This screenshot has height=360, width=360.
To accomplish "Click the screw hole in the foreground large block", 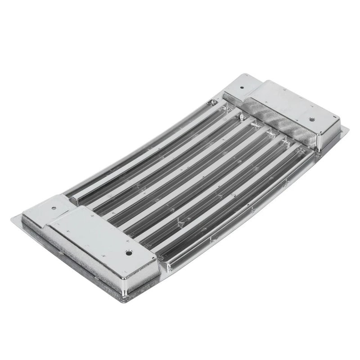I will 129,253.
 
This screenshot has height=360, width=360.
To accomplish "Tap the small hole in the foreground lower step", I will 54,208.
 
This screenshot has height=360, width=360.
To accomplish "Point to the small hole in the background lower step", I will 242,88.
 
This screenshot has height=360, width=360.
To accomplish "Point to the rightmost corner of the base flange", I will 347,130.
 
